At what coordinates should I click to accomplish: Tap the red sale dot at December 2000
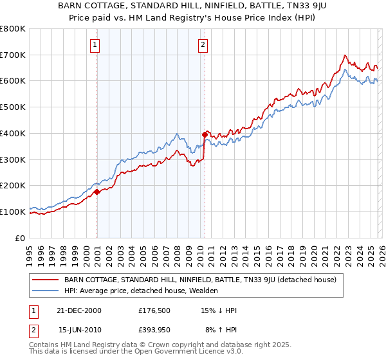pyautogui.click(x=97, y=192)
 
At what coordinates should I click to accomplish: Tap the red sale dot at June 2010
pyautogui.click(x=205, y=135)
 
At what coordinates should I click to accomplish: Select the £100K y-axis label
pyautogui.click(x=13, y=212)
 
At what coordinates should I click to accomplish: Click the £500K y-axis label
pyautogui.click(x=13, y=107)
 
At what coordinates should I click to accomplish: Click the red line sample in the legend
pyautogui.click(x=45, y=280)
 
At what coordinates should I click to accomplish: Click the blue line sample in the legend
pyautogui.click(x=45, y=291)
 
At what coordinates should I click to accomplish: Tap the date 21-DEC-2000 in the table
pyautogui.click(x=80, y=310)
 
